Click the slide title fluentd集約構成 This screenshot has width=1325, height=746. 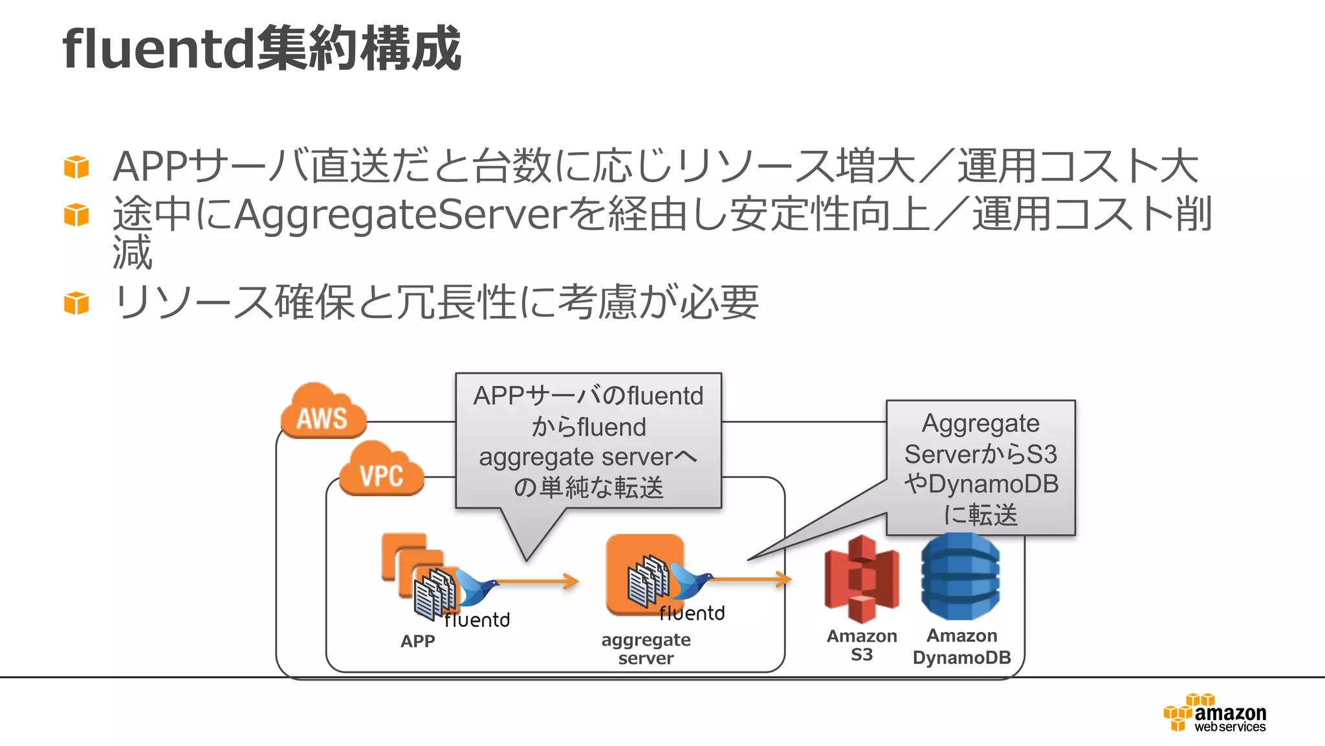(x=261, y=49)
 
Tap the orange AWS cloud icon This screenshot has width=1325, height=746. (x=323, y=412)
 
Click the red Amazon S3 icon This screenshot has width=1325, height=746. (x=861, y=579)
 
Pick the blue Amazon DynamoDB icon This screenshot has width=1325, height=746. (x=960, y=576)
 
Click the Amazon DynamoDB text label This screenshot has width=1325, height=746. (x=961, y=646)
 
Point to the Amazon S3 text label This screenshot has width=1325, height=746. (x=862, y=645)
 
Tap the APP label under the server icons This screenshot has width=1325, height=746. (x=417, y=641)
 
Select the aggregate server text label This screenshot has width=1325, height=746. (x=646, y=648)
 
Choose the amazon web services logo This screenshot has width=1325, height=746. (x=1215, y=714)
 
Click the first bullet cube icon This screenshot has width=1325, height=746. (x=76, y=166)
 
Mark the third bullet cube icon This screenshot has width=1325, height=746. (x=76, y=302)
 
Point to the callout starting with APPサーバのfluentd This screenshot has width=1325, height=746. (x=588, y=440)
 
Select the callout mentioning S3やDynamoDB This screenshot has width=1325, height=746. (x=980, y=468)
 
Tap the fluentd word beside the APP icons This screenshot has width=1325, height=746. (x=477, y=620)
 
